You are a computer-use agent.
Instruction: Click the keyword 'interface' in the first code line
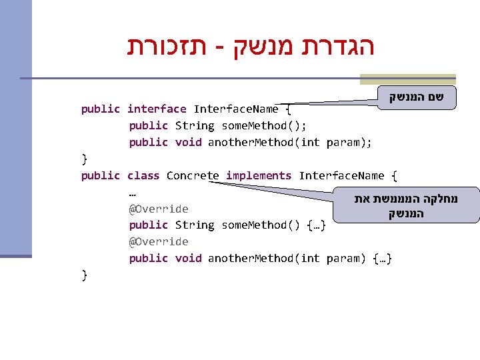point(157,109)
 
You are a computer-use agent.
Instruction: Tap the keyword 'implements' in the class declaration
point(259,175)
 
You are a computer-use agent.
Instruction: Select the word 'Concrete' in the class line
point(193,175)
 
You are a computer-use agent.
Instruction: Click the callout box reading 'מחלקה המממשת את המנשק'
point(407,205)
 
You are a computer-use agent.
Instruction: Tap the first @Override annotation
point(159,209)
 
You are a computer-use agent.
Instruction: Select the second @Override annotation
point(159,241)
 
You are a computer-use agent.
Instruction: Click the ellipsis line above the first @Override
point(133,193)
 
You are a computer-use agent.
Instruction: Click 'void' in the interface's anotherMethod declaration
point(188,142)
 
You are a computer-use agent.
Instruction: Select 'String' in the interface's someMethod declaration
point(195,125)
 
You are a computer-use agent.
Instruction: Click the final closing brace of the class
point(84,274)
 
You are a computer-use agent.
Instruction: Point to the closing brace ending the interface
point(84,159)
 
